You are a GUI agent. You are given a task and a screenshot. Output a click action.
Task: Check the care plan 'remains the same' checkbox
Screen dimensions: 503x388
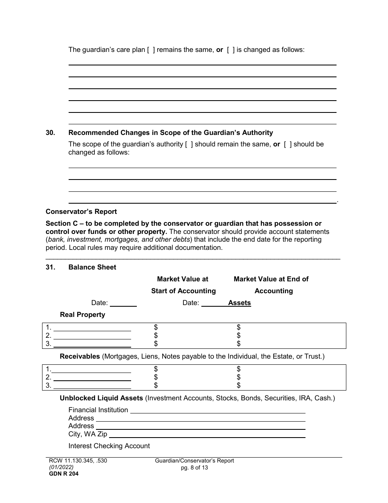pos(151,50)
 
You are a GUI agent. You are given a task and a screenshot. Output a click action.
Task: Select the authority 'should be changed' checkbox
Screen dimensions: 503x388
pos(288,144)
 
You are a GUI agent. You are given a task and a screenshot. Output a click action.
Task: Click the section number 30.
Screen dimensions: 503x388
pos(50,132)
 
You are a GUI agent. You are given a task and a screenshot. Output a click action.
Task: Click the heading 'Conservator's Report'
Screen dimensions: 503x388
pos(81,211)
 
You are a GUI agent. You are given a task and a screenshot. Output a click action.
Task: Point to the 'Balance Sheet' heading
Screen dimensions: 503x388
pos(92,267)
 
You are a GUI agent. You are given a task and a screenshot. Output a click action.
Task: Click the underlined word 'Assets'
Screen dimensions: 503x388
pos(239,303)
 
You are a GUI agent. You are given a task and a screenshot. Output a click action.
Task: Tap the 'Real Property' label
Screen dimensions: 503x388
pos(83,314)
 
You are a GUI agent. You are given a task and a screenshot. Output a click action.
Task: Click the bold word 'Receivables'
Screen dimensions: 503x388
pos(80,356)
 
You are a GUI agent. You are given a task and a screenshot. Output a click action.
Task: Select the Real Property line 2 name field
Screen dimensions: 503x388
pos(92,336)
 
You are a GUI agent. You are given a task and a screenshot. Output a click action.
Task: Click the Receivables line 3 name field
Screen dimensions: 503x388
pos(92,385)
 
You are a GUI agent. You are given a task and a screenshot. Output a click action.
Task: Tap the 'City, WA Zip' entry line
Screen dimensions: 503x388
pos(207,434)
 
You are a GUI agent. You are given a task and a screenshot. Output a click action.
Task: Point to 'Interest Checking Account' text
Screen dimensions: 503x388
pos(109,446)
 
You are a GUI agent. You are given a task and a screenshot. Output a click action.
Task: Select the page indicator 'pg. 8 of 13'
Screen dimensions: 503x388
pos(194,467)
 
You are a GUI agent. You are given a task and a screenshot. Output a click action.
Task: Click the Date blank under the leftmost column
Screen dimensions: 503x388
pos(123,303)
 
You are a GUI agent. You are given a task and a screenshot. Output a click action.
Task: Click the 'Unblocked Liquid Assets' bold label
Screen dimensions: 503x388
pos(101,398)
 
